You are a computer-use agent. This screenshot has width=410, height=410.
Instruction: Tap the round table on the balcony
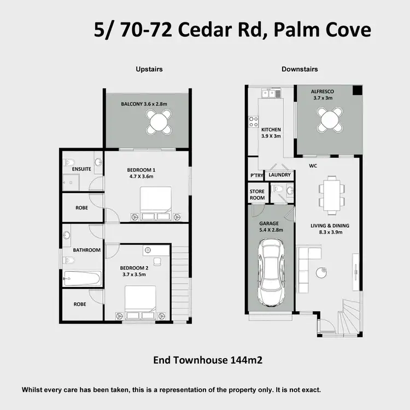click(159, 121)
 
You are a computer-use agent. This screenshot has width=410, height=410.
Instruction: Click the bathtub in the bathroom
click(82, 279)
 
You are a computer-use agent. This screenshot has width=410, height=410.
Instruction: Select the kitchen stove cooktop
click(253, 121)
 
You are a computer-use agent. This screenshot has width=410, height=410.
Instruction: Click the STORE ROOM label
click(257, 195)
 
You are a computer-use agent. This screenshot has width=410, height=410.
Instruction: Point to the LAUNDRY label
click(280, 175)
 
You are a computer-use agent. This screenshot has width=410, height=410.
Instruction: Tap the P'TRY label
click(256, 175)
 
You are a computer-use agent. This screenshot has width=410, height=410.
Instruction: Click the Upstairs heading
click(149, 69)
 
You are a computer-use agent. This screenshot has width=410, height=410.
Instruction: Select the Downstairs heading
click(300, 69)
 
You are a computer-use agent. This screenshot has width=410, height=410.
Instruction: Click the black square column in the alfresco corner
click(356, 91)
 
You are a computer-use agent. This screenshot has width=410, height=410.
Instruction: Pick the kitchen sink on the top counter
click(269, 93)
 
